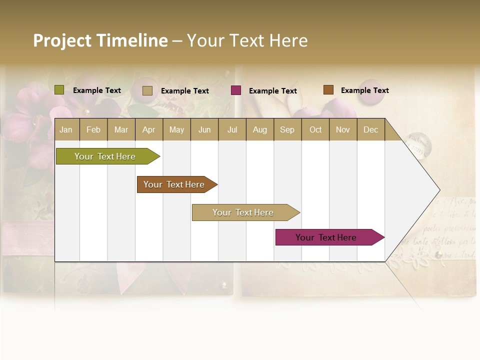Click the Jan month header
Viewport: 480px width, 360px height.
click(66, 129)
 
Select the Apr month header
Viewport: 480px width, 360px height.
click(149, 129)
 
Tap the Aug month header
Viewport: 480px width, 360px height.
click(260, 129)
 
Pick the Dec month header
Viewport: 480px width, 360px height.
click(370, 129)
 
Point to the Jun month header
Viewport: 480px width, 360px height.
click(204, 129)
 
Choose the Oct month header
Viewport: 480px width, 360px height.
click(315, 129)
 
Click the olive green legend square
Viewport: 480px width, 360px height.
click(59, 90)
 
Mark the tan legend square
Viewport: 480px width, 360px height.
click(147, 90)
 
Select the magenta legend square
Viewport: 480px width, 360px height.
click(236, 90)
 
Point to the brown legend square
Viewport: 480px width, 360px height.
click(328, 90)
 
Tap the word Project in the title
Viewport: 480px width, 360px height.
click(62, 40)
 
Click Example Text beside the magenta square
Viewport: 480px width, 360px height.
click(272, 91)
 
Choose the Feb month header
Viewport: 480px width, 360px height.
click(93, 129)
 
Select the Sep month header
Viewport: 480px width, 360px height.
click(287, 129)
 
